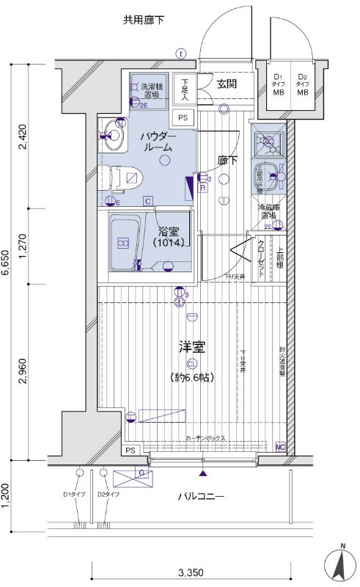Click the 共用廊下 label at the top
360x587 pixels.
(144, 20)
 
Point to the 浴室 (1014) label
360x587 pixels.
(168, 236)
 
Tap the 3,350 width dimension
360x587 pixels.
(189, 573)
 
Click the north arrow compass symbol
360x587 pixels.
(341, 562)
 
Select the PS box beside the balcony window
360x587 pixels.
(131, 450)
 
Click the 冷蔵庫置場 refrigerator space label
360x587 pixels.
(266, 212)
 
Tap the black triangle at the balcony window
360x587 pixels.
(203, 473)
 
